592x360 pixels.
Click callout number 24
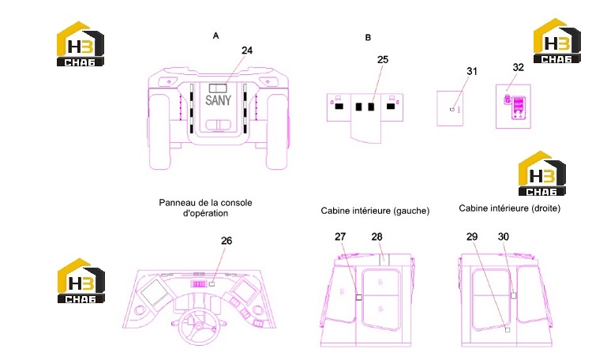coord(247,51)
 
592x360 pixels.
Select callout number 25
coord(383,60)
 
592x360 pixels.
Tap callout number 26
coord(227,241)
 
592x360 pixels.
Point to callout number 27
coord(340,237)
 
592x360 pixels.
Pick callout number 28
coord(377,237)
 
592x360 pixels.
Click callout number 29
coord(472,237)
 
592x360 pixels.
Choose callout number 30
coord(504,237)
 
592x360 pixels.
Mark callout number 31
coord(472,71)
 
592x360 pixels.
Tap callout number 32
coord(518,67)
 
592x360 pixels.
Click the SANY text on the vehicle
coord(218,100)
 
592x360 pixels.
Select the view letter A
coord(215,36)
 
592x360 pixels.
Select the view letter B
coord(368,37)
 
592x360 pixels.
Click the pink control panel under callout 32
coord(519,107)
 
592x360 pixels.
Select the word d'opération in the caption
coord(205,213)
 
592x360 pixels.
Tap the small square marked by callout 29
coord(508,330)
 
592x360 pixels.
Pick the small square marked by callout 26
coord(212,283)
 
